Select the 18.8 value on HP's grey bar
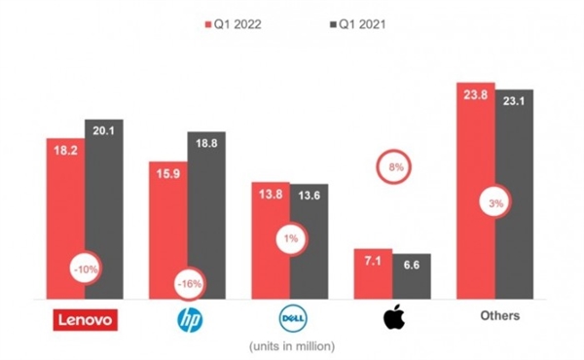pyautogui.click(x=206, y=145)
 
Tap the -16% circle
pyautogui.click(x=187, y=283)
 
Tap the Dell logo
pyautogui.click(x=291, y=318)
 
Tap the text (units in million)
pyautogui.click(x=291, y=345)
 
